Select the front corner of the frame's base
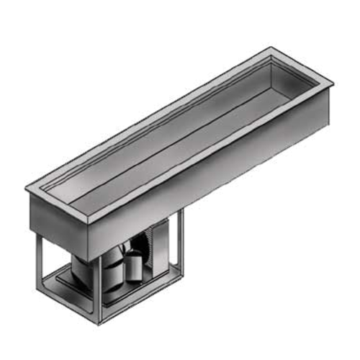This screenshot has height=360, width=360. click(x=101, y=320)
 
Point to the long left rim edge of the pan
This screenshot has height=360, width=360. click(x=144, y=115)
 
